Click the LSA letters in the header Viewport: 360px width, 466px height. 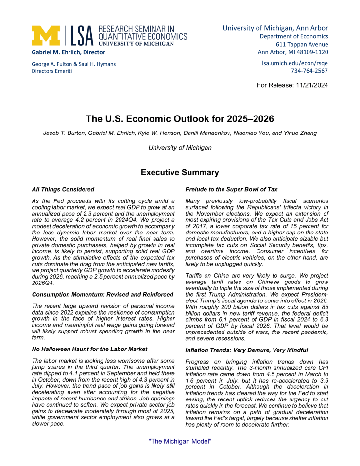point(83,35)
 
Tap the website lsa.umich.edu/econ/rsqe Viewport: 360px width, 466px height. point(295,63)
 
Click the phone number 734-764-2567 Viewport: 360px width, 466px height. point(309,71)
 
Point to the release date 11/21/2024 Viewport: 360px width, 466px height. point(310,85)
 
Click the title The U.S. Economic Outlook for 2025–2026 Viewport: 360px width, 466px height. point(180,119)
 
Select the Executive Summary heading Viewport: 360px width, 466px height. point(180,172)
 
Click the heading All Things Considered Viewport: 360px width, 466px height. point(63,189)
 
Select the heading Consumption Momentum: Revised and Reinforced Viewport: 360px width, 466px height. point(103,294)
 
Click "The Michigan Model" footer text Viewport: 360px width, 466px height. point(180,441)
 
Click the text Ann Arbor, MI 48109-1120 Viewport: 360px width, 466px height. point(293,52)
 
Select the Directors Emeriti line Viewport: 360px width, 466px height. point(52,71)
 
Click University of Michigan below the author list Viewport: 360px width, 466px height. point(180,148)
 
